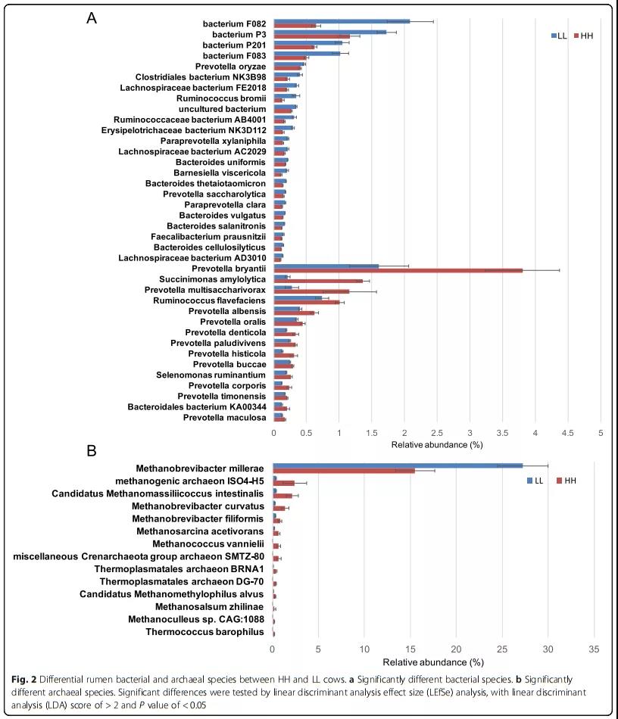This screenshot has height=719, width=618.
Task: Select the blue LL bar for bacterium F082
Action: [x=341, y=21]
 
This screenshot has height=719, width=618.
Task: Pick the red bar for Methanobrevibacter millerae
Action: [x=344, y=471]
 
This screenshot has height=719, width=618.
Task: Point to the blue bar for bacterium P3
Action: [x=329, y=32]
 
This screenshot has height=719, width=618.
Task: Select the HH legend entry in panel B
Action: [x=566, y=481]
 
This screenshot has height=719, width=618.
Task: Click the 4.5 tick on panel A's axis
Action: [x=567, y=432]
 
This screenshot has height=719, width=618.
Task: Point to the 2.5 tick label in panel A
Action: [x=437, y=432]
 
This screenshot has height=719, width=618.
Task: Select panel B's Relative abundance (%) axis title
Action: [x=433, y=661]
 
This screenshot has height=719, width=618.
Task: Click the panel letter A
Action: [x=92, y=19]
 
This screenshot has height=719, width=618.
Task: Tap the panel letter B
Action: [x=92, y=451]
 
